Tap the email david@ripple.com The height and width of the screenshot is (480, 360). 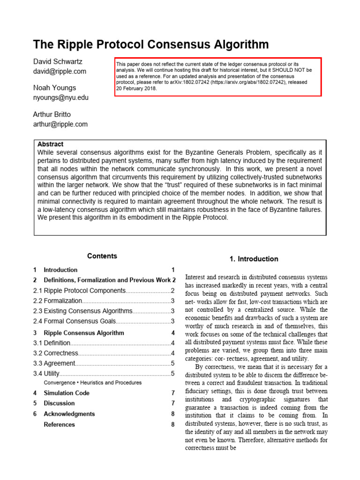[x=60, y=71]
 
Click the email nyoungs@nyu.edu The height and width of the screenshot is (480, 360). [x=60, y=97]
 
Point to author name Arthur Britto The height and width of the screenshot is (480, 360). [x=52, y=115]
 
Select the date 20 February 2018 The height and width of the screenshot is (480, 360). [x=136, y=88]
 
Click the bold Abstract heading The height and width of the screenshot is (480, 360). [x=50, y=144]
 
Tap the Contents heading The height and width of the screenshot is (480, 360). [x=102, y=256]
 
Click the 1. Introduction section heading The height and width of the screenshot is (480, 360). [x=254, y=259]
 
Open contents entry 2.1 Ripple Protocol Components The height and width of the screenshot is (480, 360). [x=80, y=291]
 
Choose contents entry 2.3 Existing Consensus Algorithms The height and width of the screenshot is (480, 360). [x=83, y=311]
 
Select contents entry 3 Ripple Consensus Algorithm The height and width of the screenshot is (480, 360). [x=84, y=333]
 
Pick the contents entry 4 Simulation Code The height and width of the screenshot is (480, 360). [x=66, y=393]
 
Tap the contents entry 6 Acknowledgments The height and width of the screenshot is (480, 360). [x=69, y=414]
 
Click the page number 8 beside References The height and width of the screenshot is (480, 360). [x=172, y=425]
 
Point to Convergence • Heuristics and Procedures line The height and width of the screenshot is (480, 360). [x=92, y=382]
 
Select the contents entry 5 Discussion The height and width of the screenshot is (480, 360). [x=59, y=403]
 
